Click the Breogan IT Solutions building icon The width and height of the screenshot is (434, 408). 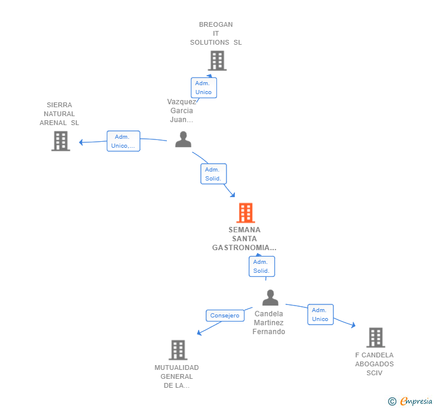217,61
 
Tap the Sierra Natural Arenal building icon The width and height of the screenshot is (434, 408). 60,141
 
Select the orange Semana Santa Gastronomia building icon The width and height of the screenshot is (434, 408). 245,213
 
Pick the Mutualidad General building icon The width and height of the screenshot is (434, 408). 178,350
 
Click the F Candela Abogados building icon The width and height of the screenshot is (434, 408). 375,337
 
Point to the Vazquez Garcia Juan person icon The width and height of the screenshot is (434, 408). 183,139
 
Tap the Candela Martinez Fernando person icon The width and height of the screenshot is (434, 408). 270,298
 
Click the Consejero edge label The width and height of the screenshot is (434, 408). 224,315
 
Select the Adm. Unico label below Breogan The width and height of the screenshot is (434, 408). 203,88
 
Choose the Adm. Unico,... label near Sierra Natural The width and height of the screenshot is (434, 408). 123,141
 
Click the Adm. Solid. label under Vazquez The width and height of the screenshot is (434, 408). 213,174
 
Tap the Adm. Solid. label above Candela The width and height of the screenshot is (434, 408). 261,266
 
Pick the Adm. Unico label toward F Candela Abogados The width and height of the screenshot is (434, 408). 320,314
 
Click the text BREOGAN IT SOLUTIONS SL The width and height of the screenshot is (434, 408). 216,33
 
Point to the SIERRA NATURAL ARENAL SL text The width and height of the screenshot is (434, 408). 59,114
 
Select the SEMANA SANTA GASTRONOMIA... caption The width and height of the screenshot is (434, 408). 244,238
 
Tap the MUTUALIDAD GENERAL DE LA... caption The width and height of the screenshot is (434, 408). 176,376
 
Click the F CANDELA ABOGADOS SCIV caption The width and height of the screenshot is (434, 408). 374,364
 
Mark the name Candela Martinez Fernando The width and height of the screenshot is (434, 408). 269,323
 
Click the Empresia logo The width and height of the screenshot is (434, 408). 410,401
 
